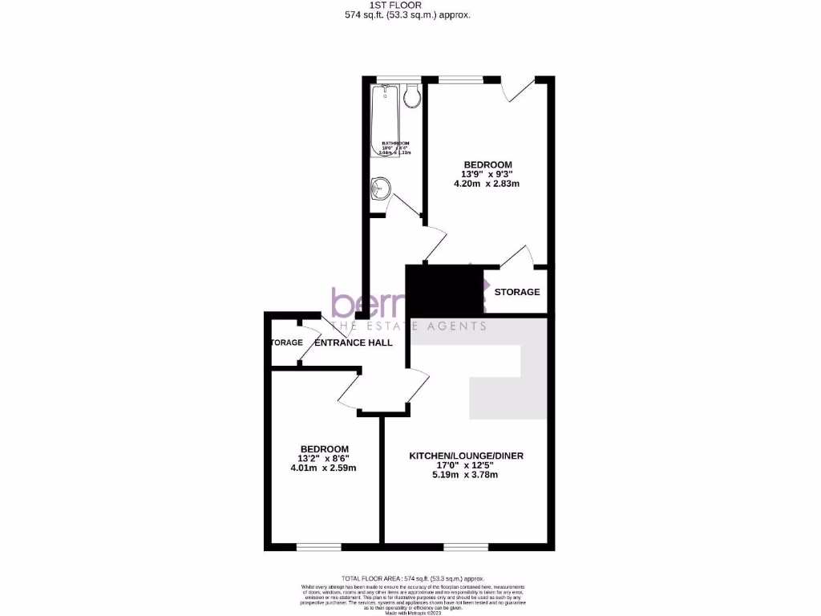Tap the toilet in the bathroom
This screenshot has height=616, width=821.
tap(413, 97)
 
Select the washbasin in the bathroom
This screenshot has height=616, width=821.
tap(380, 189)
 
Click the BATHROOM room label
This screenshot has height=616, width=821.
tap(396, 143)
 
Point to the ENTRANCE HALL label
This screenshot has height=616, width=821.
tap(354, 342)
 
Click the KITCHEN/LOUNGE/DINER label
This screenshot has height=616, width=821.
tap(466, 456)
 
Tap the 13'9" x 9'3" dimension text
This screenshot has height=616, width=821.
tap(487, 173)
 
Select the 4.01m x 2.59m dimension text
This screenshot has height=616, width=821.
tap(324, 468)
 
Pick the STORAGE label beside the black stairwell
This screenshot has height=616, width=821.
tap(517, 292)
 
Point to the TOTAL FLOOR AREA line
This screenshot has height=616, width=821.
tap(413, 578)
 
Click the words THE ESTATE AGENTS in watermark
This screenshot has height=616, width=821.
tap(409, 326)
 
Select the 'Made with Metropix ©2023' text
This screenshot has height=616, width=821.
tap(410, 614)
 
